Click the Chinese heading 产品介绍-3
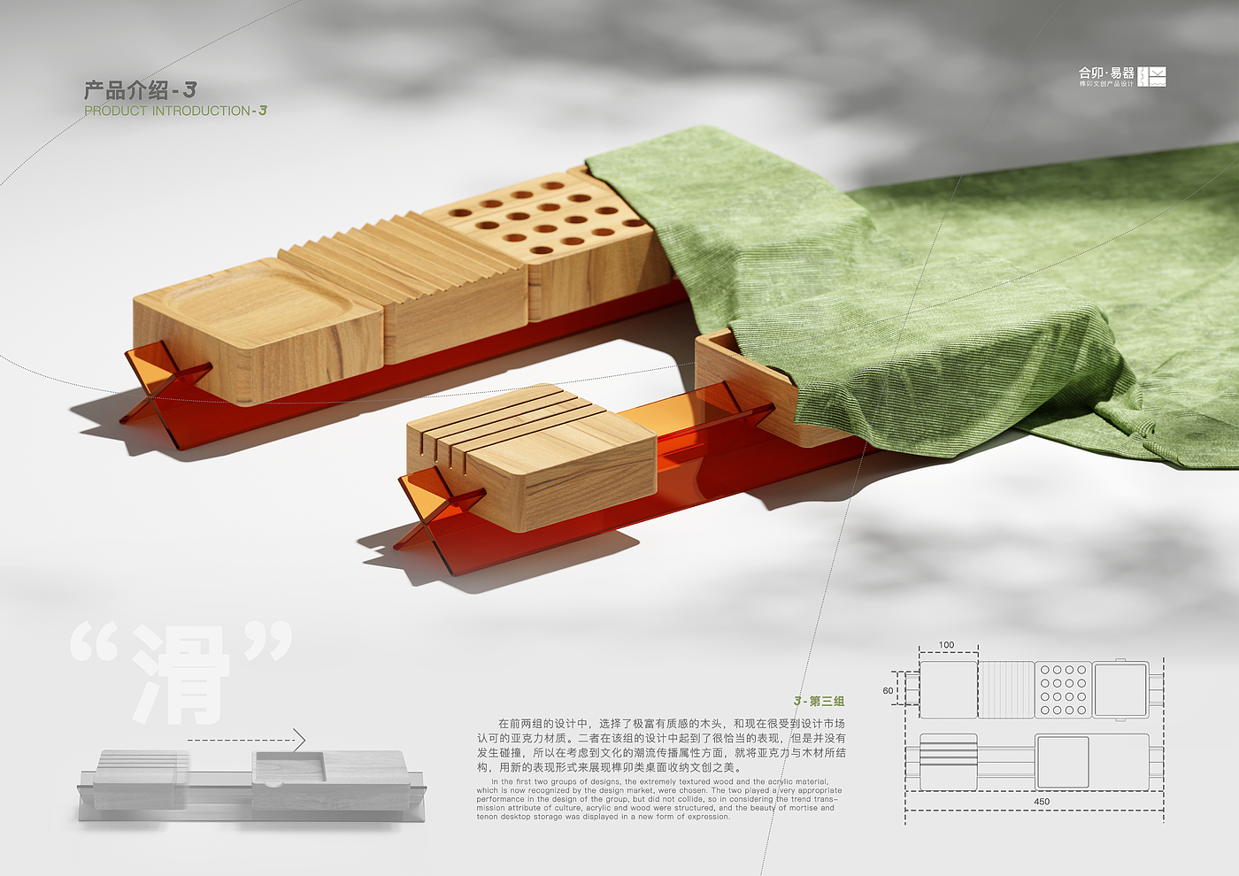140,90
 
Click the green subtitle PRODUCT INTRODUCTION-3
175,111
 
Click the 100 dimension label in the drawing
946,645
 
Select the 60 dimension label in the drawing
888,690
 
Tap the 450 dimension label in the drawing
1042,802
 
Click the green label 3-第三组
819,701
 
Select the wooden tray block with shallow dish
257,327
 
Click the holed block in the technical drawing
1063,690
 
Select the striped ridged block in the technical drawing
1005,689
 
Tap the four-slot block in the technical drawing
948,761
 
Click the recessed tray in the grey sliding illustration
289,766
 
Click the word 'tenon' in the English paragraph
488,817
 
